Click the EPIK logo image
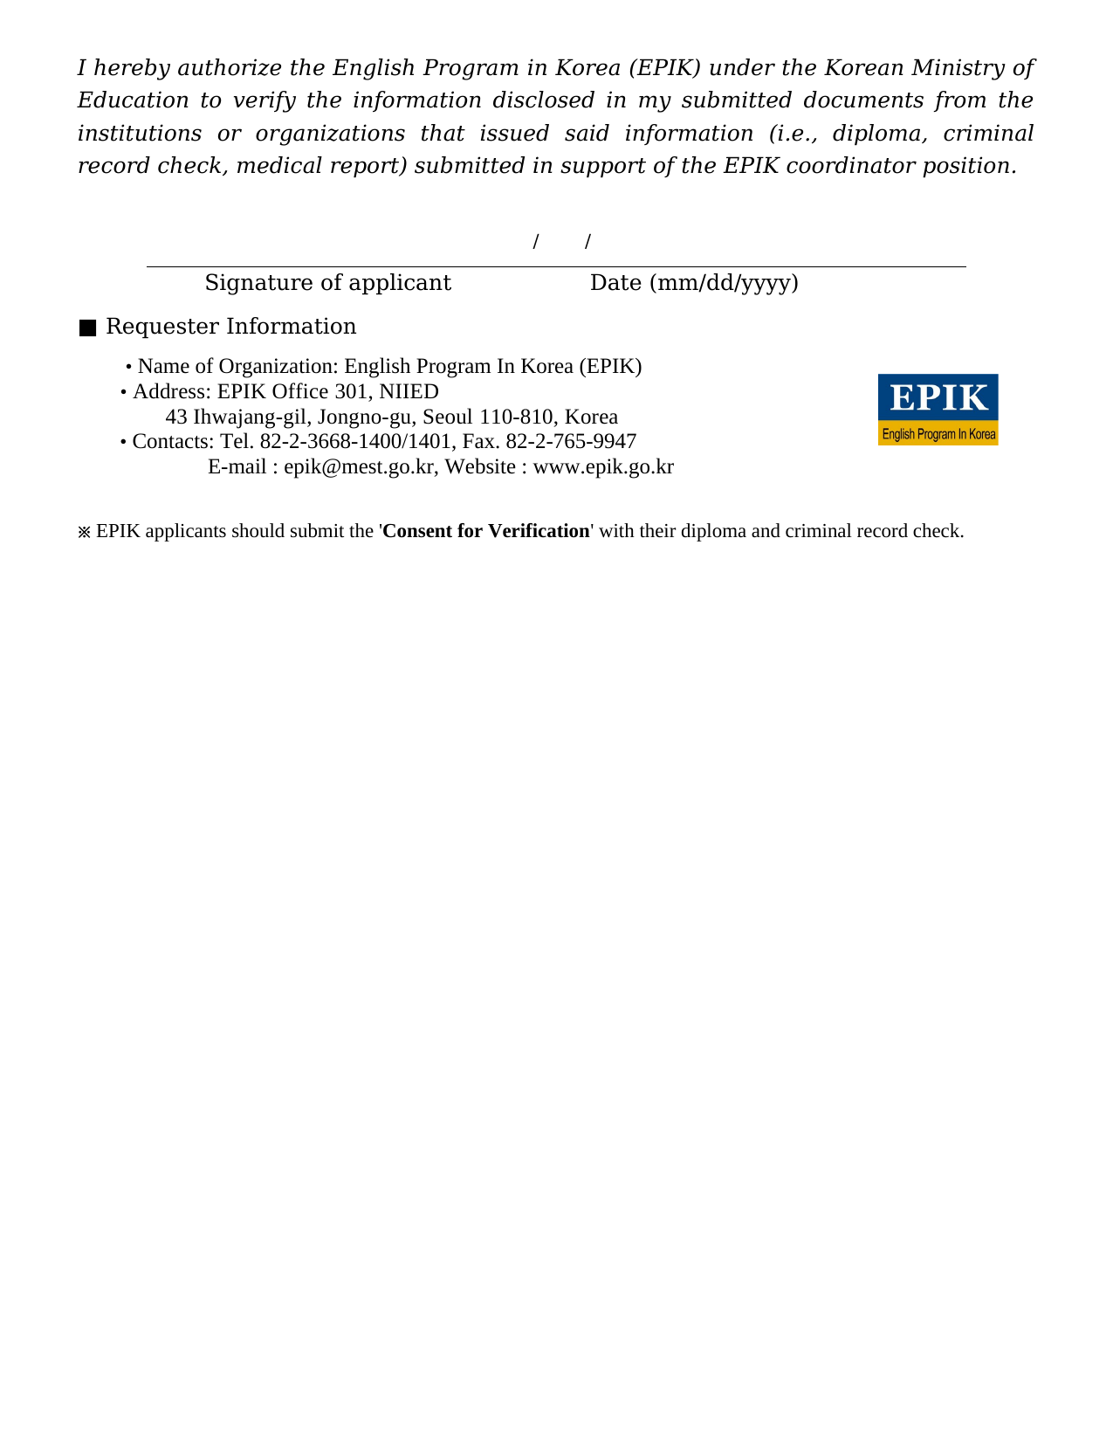(x=938, y=410)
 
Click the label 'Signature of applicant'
(x=327, y=283)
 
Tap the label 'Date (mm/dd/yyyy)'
(x=694, y=283)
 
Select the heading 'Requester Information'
(x=230, y=327)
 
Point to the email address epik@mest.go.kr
(x=359, y=467)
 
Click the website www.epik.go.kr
(x=602, y=467)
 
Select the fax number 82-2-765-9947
(x=571, y=442)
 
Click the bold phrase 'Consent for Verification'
(x=486, y=531)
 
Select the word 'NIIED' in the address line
(x=409, y=391)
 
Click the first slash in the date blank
(x=535, y=241)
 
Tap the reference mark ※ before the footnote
(x=84, y=532)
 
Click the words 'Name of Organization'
(x=237, y=367)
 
